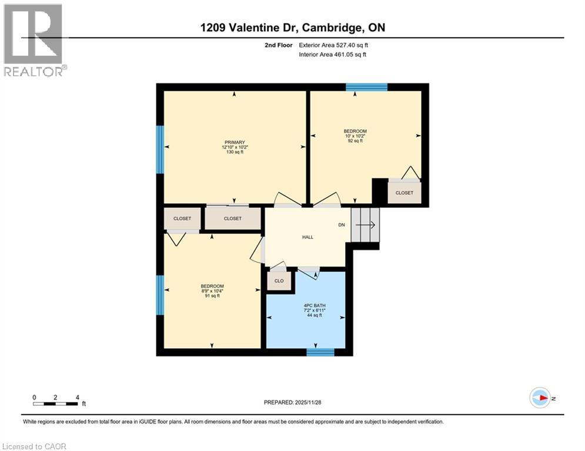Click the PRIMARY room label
tap(233, 142)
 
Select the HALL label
tap(307, 237)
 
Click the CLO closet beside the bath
tap(279, 281)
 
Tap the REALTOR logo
tap(34, 40)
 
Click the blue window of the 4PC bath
tap(320, 352)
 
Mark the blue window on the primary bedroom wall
tap(159, 150)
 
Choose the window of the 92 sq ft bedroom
tap(366, 87)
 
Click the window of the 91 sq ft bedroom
tap(159, 295)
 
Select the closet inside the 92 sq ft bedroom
tap(404, 193)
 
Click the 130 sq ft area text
tap(233, 152)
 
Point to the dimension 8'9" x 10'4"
tap(212, 291)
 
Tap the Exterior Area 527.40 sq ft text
tap(334, 45)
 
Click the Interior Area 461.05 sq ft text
tap(333, 55)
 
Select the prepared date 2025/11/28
tap(294, 402)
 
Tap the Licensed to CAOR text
tap(34, 446)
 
